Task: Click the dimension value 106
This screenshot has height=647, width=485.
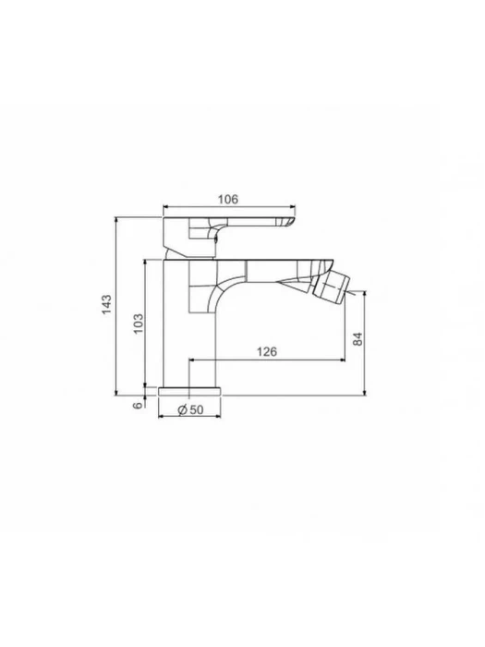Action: click(x=228, y=200)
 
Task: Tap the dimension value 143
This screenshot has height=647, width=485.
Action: click(x=107, y=304)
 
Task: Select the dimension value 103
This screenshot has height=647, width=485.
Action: click(x=139, y=323)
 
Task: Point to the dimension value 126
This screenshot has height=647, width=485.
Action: click(x=267, y=352)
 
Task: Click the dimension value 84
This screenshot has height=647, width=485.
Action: click(x=358, y=339)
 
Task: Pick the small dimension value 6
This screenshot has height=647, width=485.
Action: click(x=139, y=405)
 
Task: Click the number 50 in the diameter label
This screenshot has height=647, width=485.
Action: click(x=197, y=409)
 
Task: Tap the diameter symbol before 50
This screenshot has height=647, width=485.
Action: click(x=183, y=409)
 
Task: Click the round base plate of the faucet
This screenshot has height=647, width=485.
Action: click(x=189, y=391)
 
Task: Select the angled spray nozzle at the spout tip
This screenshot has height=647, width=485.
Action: click(x=330, y=288)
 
